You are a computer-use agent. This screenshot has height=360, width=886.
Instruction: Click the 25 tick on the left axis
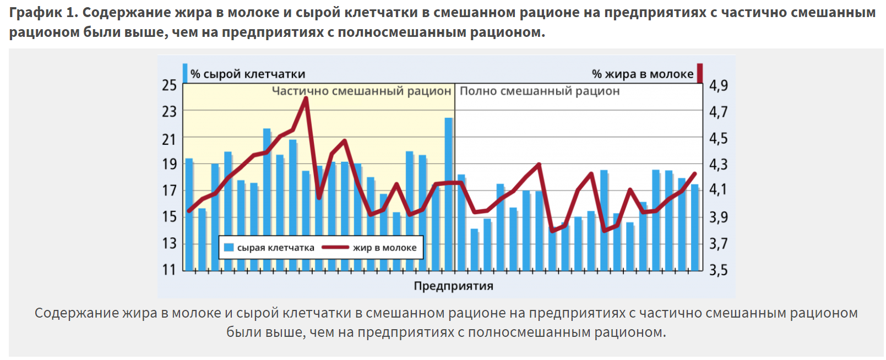pyautogui.click(x=169, y=85)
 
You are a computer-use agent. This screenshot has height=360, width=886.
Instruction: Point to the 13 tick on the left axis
pyautogui.click(x=169, y=243)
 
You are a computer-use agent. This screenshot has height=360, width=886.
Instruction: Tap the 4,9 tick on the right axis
pyautogui.click(x=718, y=85)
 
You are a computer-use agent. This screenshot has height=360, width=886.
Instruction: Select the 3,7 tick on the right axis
pyautogui.click(x=718, y=243)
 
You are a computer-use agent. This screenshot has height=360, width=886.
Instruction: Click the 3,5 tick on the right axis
pyautogui.click(x=718, y=270)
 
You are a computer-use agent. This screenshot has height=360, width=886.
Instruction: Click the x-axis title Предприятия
pyautogui.click(x=453, y=286)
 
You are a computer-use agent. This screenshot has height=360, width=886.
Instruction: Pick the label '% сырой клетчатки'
pyautogui.click(x=247, y=74)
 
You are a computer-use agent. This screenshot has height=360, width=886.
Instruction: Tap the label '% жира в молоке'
pyautogui.click(x=642, y=74)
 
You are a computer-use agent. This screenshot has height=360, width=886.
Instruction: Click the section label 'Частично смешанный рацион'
pyautogui.click(x=361, y=91)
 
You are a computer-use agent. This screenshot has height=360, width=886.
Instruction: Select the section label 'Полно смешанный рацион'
pyautogui.click(x=540, y=91)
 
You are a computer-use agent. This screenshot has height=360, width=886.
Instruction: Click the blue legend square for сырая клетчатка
pyautogui.click(x=229, y=248)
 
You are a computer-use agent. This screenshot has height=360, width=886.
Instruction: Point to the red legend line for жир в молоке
pyautogui.click(x=335, y=248)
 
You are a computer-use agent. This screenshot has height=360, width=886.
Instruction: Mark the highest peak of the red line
pyautogui.click(x=306, y=99)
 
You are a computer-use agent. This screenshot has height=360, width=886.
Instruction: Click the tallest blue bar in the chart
pyautogui.click(x=449, y=193)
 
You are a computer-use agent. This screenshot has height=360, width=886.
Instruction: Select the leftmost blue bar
pyautogui.click(x=189, y=215)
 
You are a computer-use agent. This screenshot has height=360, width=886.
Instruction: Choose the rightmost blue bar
pyautogui.click(x=694, y=227)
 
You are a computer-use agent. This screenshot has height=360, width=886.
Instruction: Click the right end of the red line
pyautogui.click(x=694, y=174)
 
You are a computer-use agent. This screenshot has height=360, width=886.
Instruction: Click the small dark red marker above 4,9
pyautogui.click(x=700, y=73)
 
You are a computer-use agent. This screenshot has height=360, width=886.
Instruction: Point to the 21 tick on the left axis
pyautogui.click(x=169, y=139)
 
